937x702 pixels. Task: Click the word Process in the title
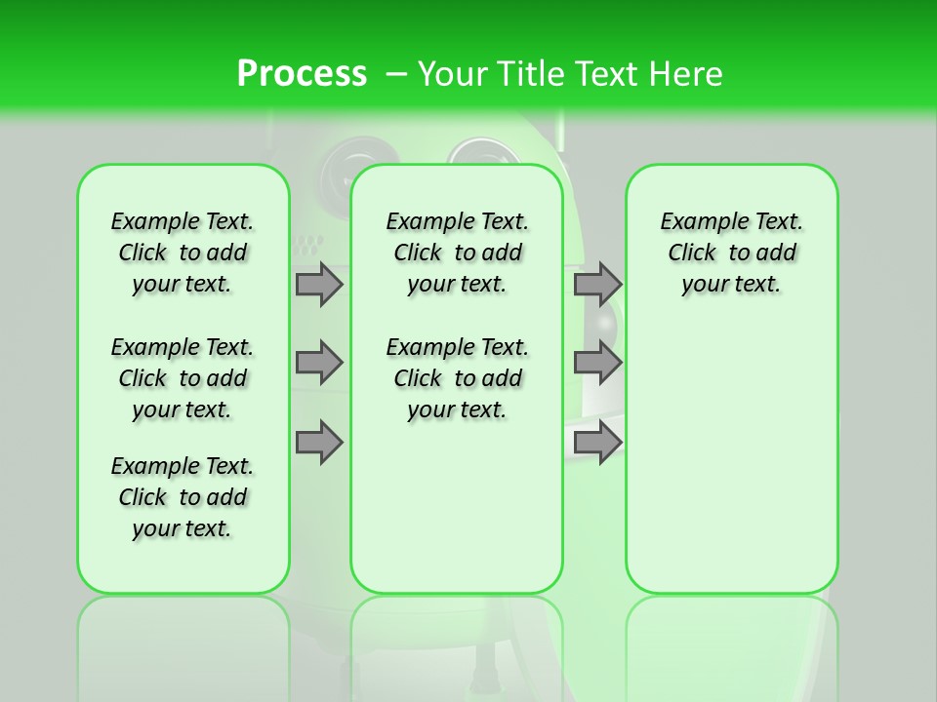tap(302, 73)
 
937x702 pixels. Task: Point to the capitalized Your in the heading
tap(453, 73)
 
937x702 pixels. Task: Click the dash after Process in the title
tap(396, 74)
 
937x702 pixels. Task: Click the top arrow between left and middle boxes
tap(319, 284)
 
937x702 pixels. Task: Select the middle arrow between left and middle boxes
tap(319, 363)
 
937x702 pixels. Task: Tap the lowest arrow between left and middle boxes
tap(319, 443)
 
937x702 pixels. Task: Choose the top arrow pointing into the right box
tap(597, 284)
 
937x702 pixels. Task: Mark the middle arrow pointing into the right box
tap(597, 363)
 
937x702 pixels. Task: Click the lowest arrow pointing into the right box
tap(597, 443)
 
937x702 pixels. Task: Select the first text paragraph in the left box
tap(183, 253)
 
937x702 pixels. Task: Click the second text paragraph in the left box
tap(183, 378)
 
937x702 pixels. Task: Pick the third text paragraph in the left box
tap(183, 497)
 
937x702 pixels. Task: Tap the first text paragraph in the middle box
tap(457, 253)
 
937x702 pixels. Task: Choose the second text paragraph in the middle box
tap(457, 378)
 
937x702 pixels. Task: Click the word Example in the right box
tap(697, 222)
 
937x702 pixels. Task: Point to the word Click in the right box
tap(692, 253)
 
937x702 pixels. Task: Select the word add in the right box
tap(776, 253)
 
